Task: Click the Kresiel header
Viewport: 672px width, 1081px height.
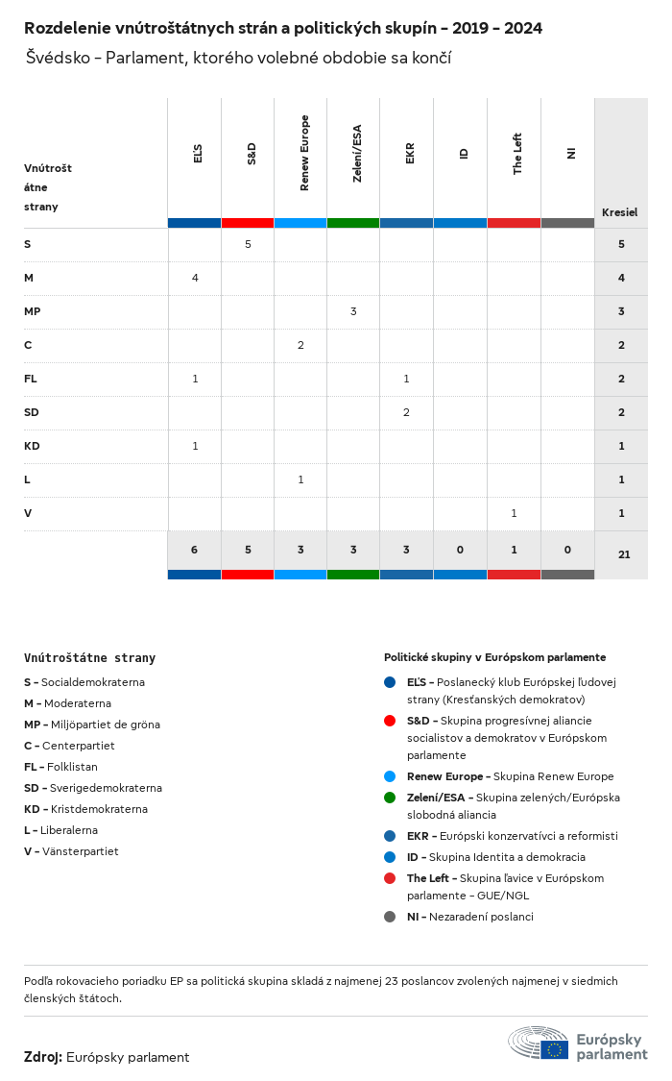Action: pos(619,212)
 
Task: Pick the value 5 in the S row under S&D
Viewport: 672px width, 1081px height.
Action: pos(248,244)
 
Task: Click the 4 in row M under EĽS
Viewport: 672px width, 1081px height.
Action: pos(195,278)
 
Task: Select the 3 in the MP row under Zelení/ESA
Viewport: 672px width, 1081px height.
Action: pos(353,311)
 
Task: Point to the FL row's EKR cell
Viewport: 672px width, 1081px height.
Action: pos(406,379)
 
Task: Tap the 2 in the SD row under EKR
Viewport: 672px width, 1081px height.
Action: pos(406,412)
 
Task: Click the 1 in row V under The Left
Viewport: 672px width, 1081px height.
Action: pos(514,513)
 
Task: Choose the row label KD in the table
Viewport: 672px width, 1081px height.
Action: pos(31,446)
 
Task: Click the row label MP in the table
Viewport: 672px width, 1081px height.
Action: pos(32,311)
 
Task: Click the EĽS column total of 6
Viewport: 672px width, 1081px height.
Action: pos(194,550)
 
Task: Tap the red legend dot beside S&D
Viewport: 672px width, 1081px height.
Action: pos(390,720)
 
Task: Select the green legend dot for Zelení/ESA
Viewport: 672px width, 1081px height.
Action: pos(390,797)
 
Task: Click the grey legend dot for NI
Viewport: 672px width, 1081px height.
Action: pos(390,916)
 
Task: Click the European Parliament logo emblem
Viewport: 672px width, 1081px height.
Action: pos(540,1043)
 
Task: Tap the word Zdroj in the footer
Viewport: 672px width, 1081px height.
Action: pos(43,1057)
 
